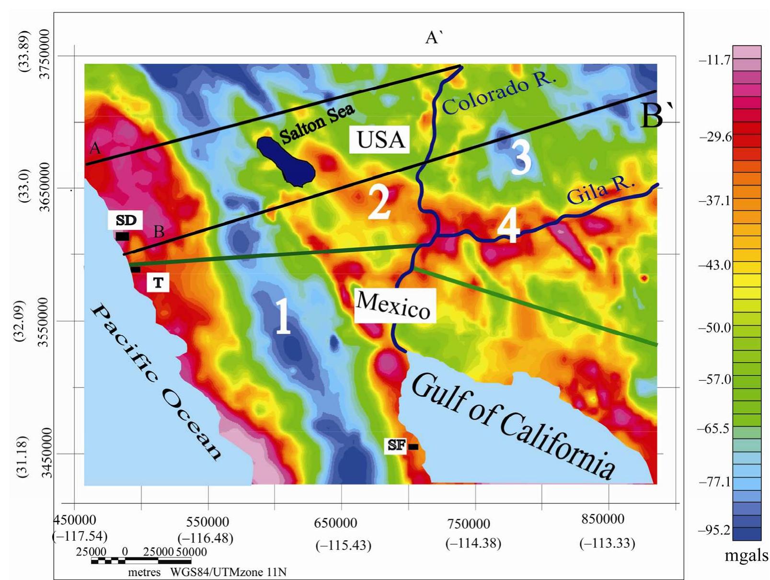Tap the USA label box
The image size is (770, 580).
379,139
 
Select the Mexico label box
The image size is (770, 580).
394,305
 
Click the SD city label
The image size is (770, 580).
126,220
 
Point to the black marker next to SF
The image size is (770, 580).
413,447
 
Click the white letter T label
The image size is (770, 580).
158,283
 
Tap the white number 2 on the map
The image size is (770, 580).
379,203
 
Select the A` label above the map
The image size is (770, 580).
433,37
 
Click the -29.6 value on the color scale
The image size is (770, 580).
715,137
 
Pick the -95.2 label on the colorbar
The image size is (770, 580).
715,530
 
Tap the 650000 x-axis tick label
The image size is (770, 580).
335,523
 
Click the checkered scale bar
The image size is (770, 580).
141,561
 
